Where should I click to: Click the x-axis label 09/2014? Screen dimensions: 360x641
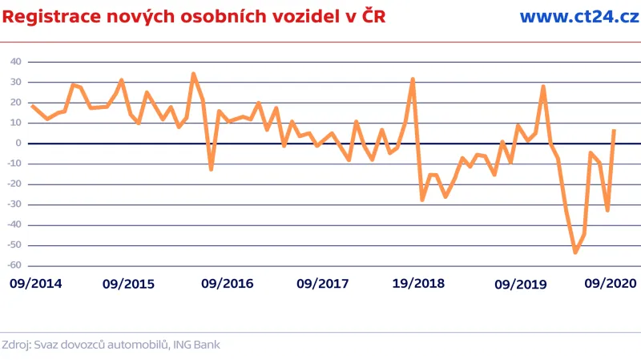(x=36, y=284)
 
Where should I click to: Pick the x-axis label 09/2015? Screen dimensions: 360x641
(x=129, y=284)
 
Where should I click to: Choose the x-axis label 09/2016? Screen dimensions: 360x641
(x=227, y=284)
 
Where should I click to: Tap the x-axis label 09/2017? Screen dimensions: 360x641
(x=322, y=284)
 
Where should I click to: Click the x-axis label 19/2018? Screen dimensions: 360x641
(x=418, y=284)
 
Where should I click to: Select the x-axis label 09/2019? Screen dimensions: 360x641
(x=521, y=284)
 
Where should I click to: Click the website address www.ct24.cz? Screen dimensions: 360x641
(x=579, y=16)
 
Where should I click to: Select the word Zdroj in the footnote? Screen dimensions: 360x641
(x=17, y=345)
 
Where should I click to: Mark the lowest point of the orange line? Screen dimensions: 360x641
(x=575, y=252)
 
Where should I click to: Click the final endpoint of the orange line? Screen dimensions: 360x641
(x=614, y=131)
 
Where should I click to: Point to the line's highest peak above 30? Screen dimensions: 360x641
(x=193, y=74)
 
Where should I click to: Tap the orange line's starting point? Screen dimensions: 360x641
(x=32, y=106)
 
